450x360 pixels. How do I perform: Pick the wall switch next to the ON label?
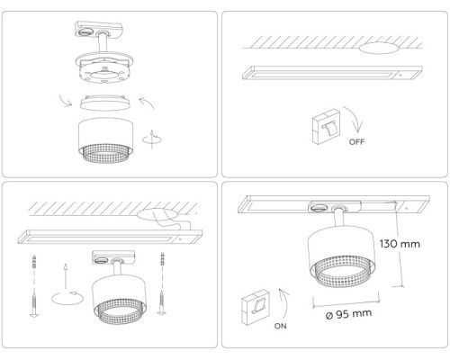(x=257, y=307)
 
